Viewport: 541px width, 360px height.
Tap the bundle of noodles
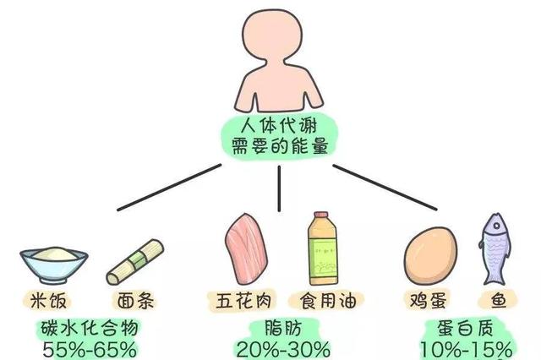coord(134,262)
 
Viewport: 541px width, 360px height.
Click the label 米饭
coord(51,300)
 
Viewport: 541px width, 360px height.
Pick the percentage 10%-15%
coord(467,349)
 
